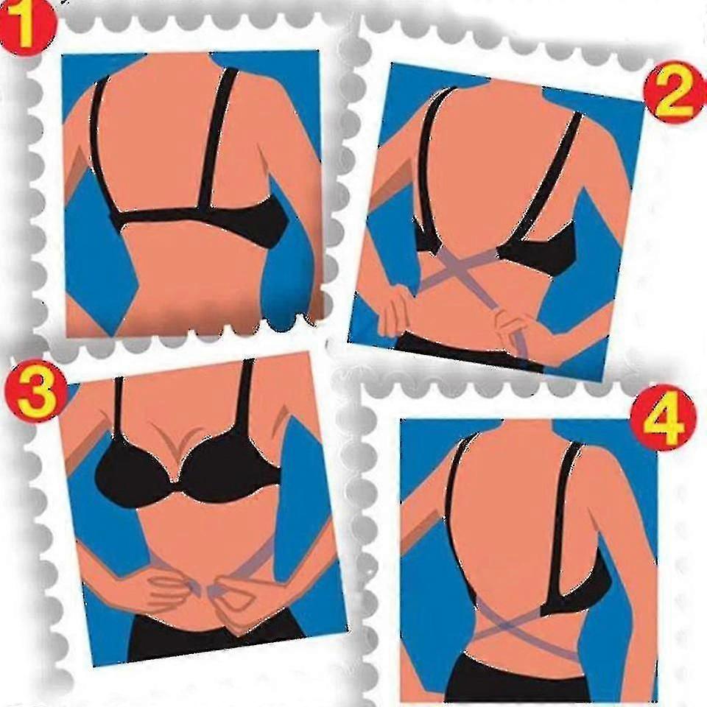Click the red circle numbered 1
28,28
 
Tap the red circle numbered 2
672,96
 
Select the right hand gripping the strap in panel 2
514,326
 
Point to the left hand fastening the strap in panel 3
174,586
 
